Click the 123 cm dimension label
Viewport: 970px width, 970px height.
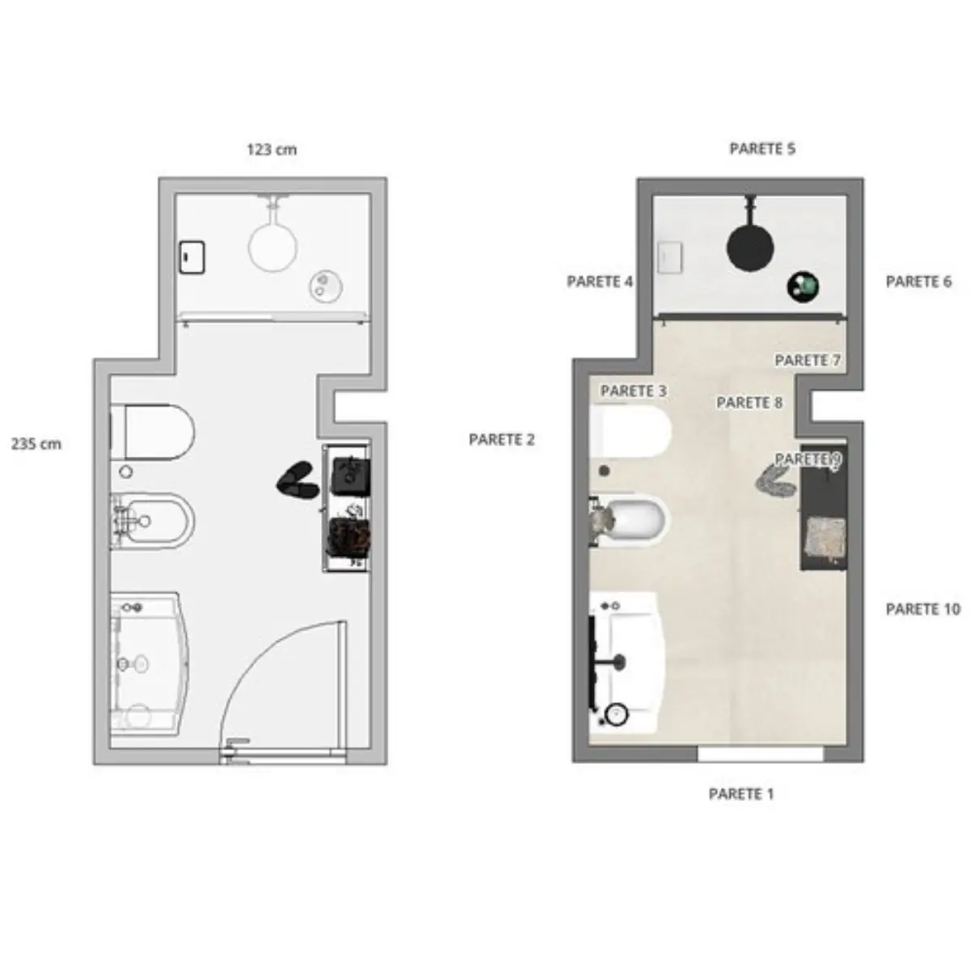[x=272, y=150]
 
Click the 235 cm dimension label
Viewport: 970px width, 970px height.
[x=36, y=444]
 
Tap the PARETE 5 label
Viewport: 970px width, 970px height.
[x=762, y=149]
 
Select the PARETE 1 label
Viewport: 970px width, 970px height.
[x=740, y=794]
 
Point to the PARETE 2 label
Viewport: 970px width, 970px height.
[x=501, y=440]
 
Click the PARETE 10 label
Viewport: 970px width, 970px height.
[x=922, y=609]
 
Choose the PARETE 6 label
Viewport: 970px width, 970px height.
[x=918, y=281]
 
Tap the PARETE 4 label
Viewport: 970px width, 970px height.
[x=600, y=281]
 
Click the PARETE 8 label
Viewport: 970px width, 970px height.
[x=749, y=403]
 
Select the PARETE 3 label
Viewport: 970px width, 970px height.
[x=633, y=390]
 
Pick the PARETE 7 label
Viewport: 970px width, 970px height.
[x=808, y=361]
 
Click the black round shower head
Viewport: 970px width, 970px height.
[x=749, y=247]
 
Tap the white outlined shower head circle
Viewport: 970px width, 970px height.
[x=272, y=247]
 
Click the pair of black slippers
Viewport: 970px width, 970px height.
[x=297, y=479]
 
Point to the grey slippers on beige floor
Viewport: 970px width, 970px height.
[x=774, y=482]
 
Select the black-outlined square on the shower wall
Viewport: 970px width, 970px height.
[x=192, y=257]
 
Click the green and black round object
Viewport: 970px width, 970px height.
[x=803, y=287]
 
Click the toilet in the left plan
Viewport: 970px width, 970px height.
[x=153, y=432]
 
